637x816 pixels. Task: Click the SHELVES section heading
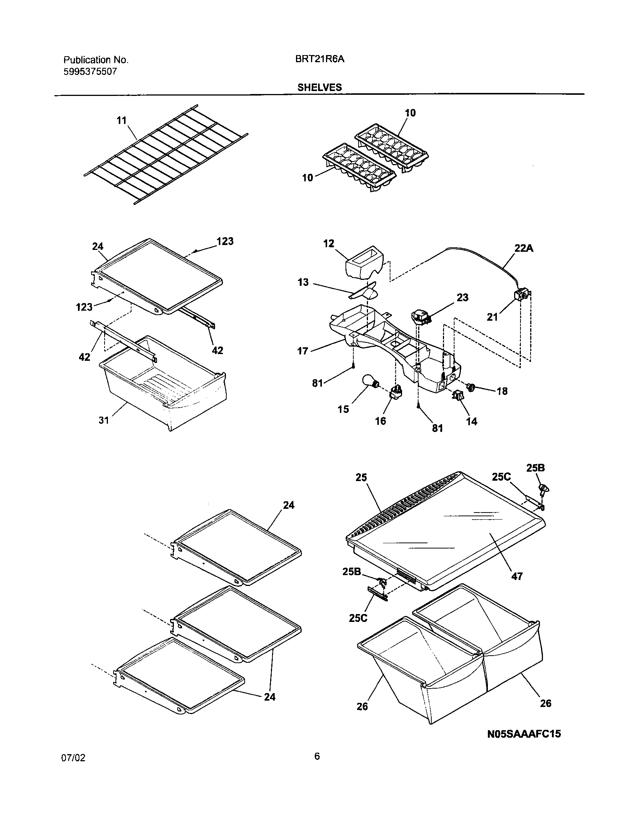click(319, 87)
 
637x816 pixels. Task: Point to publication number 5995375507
click(90, 72)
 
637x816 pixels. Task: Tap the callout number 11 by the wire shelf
click(121, 121)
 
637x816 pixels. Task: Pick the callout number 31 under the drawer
click(104, 420)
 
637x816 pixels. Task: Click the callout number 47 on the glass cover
click(517, 576)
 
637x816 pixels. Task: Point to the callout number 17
click(303, 351)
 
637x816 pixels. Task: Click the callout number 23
click(462, 297)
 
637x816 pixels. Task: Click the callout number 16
click(380, 421)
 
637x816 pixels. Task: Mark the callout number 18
click(502, 391)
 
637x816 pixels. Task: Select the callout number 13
click(303, 282)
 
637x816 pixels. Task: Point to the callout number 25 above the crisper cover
click(361, 478)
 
